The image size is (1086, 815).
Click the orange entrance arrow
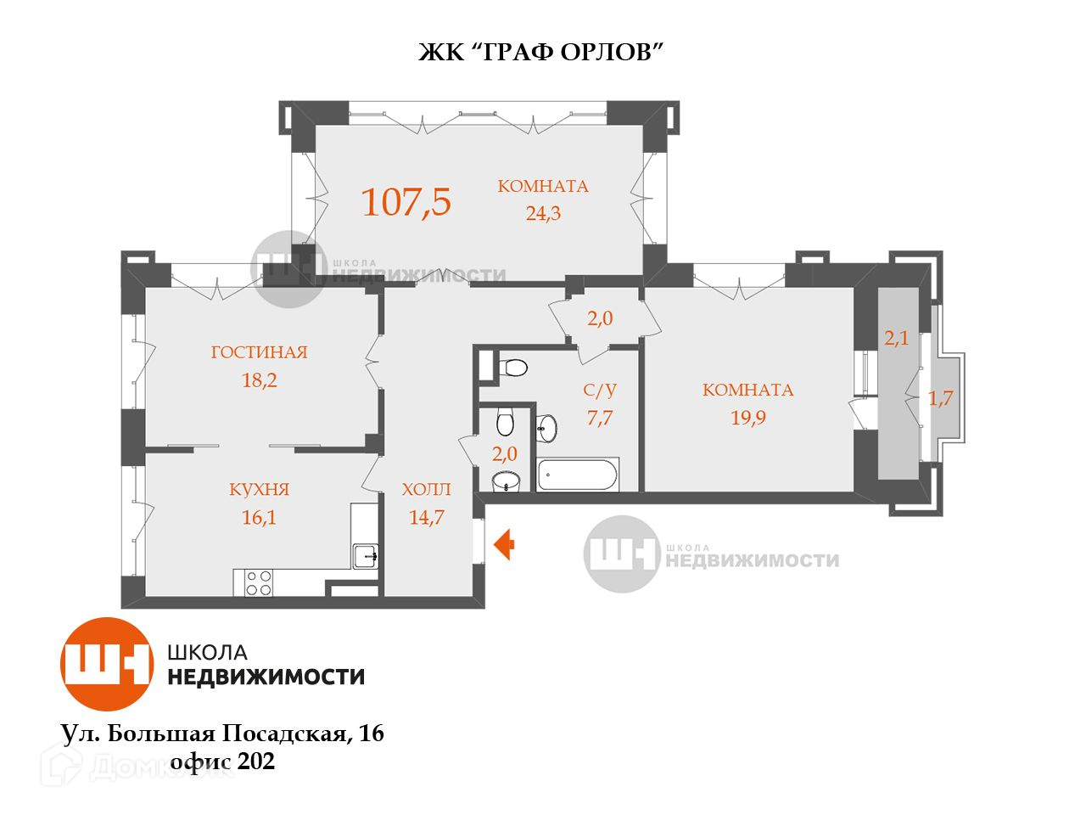tap(503, 544)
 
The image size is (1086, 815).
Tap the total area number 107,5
tap(406, 202)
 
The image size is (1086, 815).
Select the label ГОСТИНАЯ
tap(259, 352)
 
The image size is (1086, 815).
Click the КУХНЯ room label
tap(259, 490)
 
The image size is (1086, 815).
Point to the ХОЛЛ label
tap(426, 490)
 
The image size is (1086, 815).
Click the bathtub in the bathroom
tap(578, 475)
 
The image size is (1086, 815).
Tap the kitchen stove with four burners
tap(259, 582)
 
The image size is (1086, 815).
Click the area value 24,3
tap(543, 213)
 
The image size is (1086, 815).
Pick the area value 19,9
tap(747, 417)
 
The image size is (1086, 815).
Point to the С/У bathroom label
tap(599, 391)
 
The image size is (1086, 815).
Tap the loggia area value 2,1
tap(897, 338)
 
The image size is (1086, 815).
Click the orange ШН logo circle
tap(106, 664)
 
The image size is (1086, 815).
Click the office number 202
tap(256, 762)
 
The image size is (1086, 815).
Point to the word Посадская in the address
tap(284, 733)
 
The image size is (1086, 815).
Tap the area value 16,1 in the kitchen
tap(259, 517)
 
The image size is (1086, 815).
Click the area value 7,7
tap(599, 417)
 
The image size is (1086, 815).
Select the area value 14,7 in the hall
tap(426, 517)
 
